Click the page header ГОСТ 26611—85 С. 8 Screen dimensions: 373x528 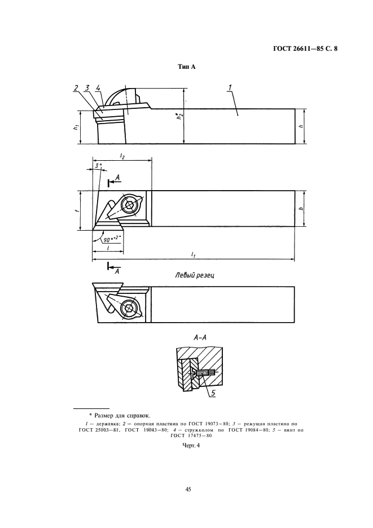click(305, 49)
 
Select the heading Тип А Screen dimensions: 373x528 click(186, 67)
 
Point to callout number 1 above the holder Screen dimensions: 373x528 click(230, 87)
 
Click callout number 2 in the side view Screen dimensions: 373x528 click(76, 88)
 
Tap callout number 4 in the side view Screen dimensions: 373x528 click(98, 88)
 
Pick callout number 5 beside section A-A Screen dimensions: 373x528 click(213, 393)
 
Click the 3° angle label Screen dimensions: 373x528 click(98, 165)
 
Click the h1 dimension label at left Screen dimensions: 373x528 click(77, 126)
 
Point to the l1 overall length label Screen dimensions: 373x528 click(193, 255)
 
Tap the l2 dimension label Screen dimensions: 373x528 click(122, 156)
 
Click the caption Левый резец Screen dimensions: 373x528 click(195, 275)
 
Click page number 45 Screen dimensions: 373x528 click(188, 489)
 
